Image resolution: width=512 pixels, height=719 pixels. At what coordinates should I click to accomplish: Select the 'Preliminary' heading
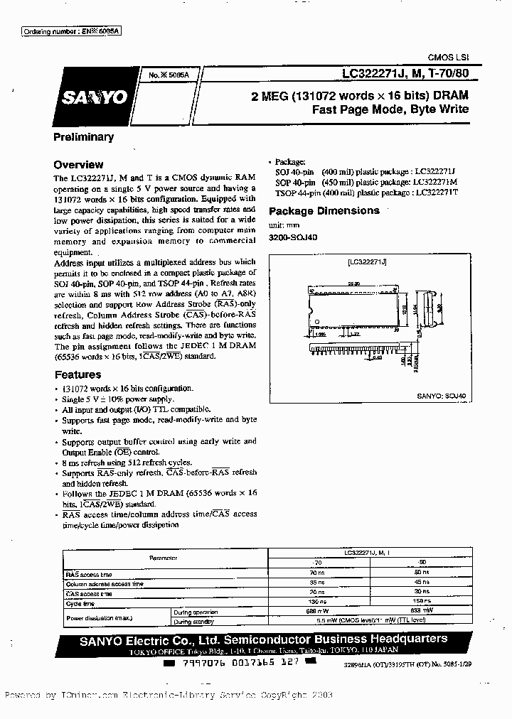click(x=83, y=137)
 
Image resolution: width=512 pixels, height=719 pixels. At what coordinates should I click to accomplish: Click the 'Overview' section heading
click(x=78, y=164)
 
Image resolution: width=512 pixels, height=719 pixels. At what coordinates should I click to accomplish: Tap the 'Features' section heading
click(x=78, y=374)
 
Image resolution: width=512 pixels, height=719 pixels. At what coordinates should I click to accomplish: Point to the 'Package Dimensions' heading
click(x=324, y=211)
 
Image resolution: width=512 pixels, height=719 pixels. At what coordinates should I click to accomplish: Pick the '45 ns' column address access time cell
click(x=422, y=583)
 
